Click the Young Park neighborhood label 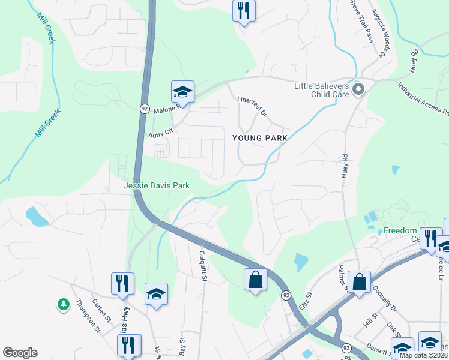pos(260,138)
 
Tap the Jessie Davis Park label pos(157,185)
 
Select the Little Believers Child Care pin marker pos(358,90)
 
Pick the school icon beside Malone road pos(182,92)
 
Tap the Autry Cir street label pos(160,133)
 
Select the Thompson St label pos(88,314)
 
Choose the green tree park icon pos(64,305)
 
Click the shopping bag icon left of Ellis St pos(255,280)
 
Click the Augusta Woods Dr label pos(377,33)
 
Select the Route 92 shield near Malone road pos(145,109)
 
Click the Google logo pos(20,353)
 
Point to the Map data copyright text pos(423,355)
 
